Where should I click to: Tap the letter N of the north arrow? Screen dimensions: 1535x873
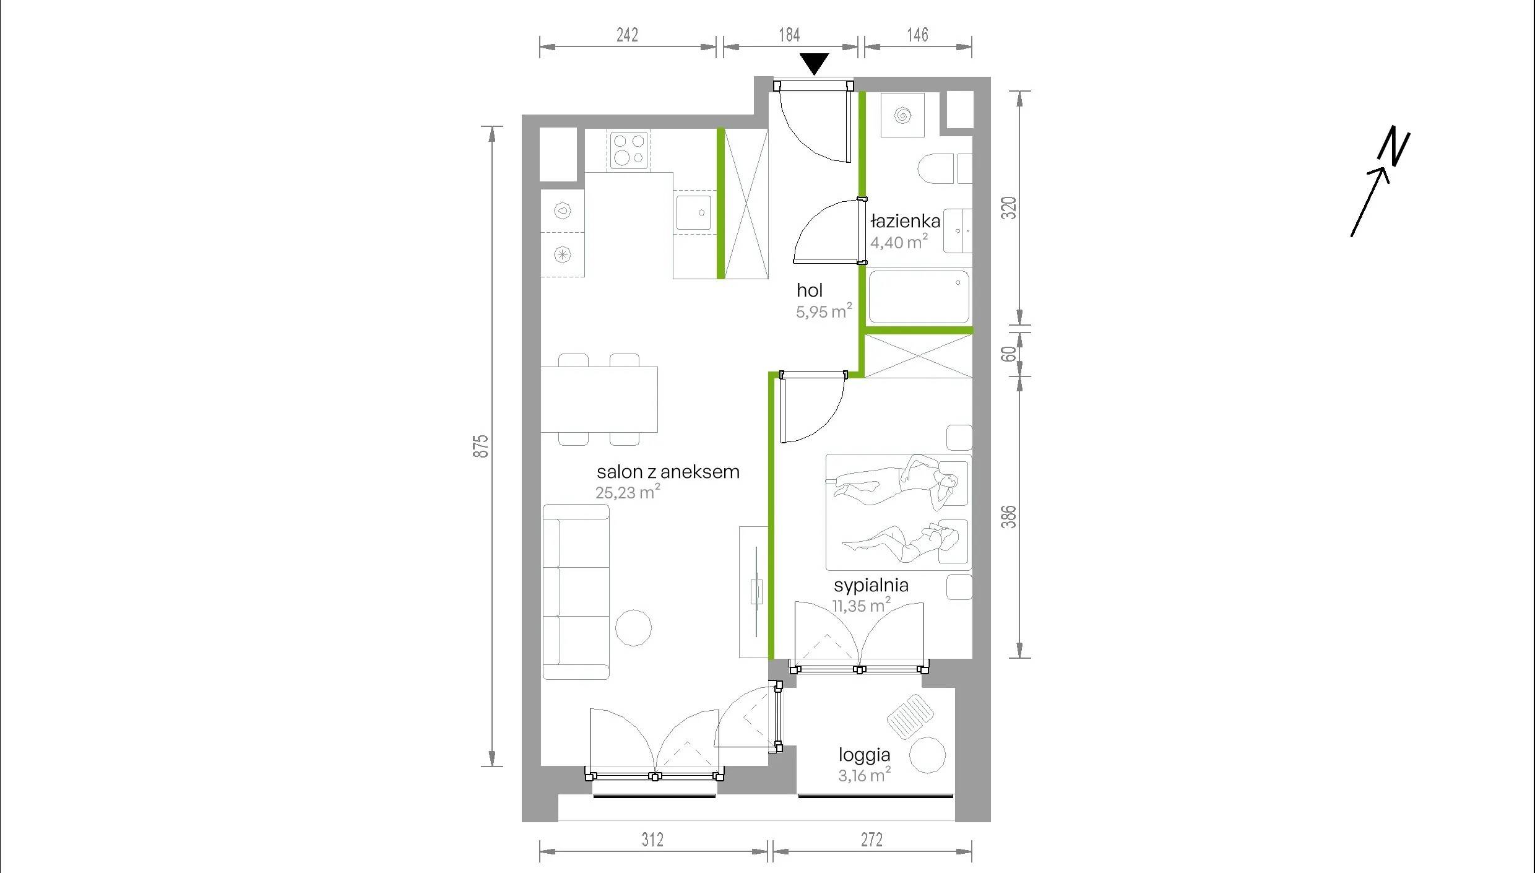(1394, 146)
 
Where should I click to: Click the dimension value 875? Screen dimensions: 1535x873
(481, 446)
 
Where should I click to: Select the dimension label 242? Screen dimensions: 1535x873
(627, 35)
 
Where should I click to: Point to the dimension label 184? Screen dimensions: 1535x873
(789, 35)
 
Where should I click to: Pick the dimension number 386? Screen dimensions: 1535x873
(1009, 517)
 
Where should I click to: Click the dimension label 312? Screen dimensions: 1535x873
(652, 840)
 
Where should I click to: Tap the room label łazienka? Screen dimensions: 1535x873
(906, 221)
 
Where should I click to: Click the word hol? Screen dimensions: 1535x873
(810, 290)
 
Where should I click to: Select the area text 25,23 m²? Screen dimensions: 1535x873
(628, 492)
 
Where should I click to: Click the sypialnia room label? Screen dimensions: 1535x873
(871, 585)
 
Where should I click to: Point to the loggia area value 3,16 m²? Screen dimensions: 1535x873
(864, 775)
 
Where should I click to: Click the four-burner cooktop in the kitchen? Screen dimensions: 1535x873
(629, 150)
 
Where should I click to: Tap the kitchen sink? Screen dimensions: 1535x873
(693, 212)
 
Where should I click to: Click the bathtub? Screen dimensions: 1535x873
(919, 297)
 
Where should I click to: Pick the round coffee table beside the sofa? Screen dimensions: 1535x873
(634, 628)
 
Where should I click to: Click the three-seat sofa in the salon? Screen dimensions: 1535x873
(576, 592)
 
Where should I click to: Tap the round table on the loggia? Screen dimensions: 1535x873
(928, 755)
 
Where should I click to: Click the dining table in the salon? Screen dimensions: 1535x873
(599, 399)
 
